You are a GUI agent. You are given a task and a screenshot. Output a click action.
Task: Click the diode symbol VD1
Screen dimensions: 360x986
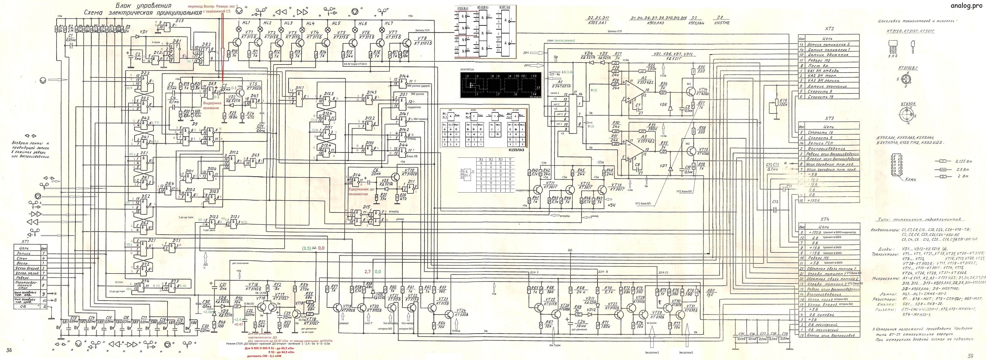[x=137, y=37]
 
